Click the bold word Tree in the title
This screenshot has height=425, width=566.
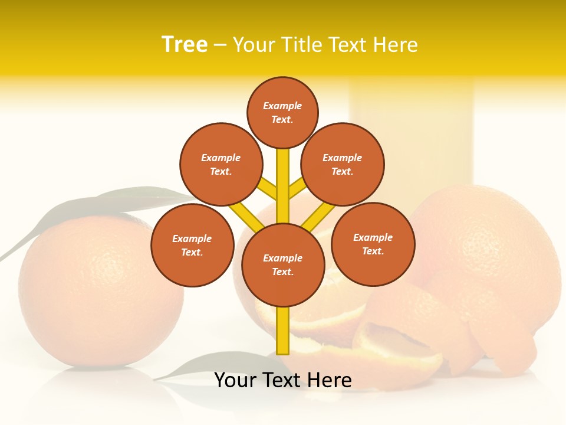(185, 45)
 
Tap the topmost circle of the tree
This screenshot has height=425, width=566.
(282, 112)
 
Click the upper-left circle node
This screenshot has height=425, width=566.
(221, 164)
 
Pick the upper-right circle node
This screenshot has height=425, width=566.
(343, 164)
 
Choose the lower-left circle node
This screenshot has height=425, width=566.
(192, 245)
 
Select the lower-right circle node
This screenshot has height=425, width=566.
(373, 244)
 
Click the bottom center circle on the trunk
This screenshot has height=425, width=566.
(283, 265)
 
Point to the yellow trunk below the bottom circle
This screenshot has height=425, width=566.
(283, 331)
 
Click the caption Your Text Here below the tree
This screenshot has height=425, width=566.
(283, 380)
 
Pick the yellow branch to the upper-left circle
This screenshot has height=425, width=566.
(268, 189)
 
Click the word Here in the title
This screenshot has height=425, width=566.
(394, 45)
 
